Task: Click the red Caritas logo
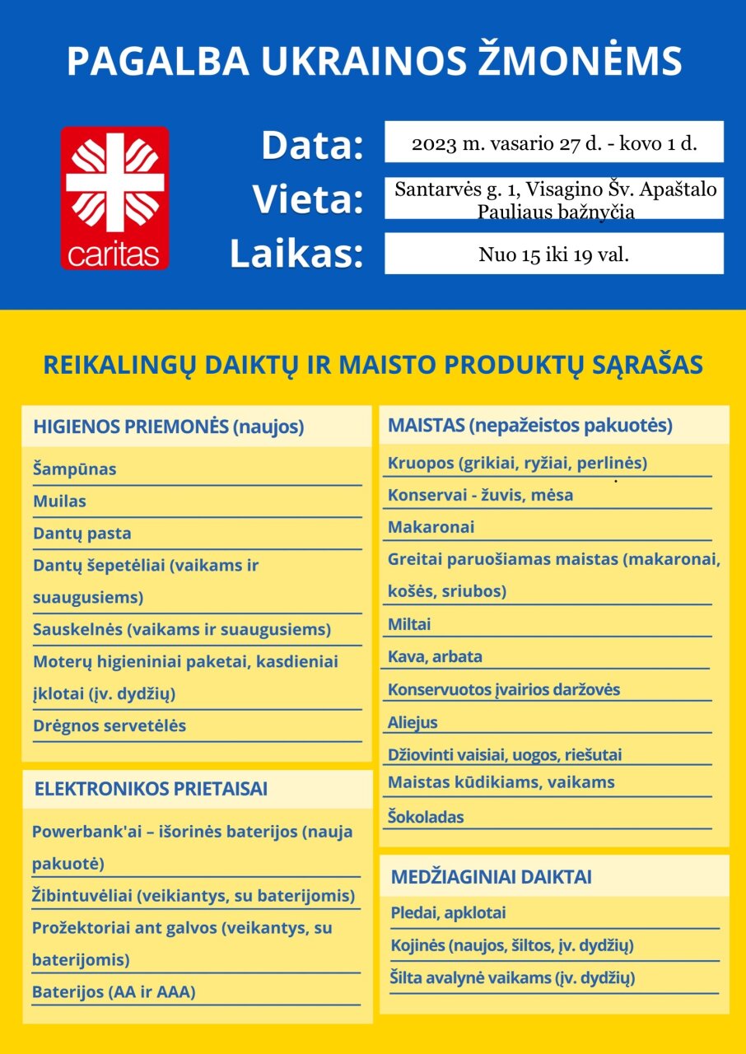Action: pos(114,198)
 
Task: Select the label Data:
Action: pos(312,145)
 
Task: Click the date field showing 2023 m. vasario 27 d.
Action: pos(553,143)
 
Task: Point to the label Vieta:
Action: pos(308,199)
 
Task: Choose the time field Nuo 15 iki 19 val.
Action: pos(553,254)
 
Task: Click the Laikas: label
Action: pos(296,254)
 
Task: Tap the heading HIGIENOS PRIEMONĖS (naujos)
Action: pos(169,427)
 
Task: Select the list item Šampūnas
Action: pos(75,469)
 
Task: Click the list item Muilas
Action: pos(59,501)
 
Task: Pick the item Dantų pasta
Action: pos(82,534)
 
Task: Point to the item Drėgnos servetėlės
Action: pos(110,726)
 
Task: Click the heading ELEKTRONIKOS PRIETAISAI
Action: pos(151,789)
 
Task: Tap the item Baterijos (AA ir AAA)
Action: pos(114,992)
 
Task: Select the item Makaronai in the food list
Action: pos(431,527)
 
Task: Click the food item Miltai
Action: pos(409,624)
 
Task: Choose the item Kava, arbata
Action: pos(435,657)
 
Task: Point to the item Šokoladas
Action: pos(426,817)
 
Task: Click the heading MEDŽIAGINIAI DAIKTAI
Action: pos(491,877)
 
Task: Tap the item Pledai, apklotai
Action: pos(449,913)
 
